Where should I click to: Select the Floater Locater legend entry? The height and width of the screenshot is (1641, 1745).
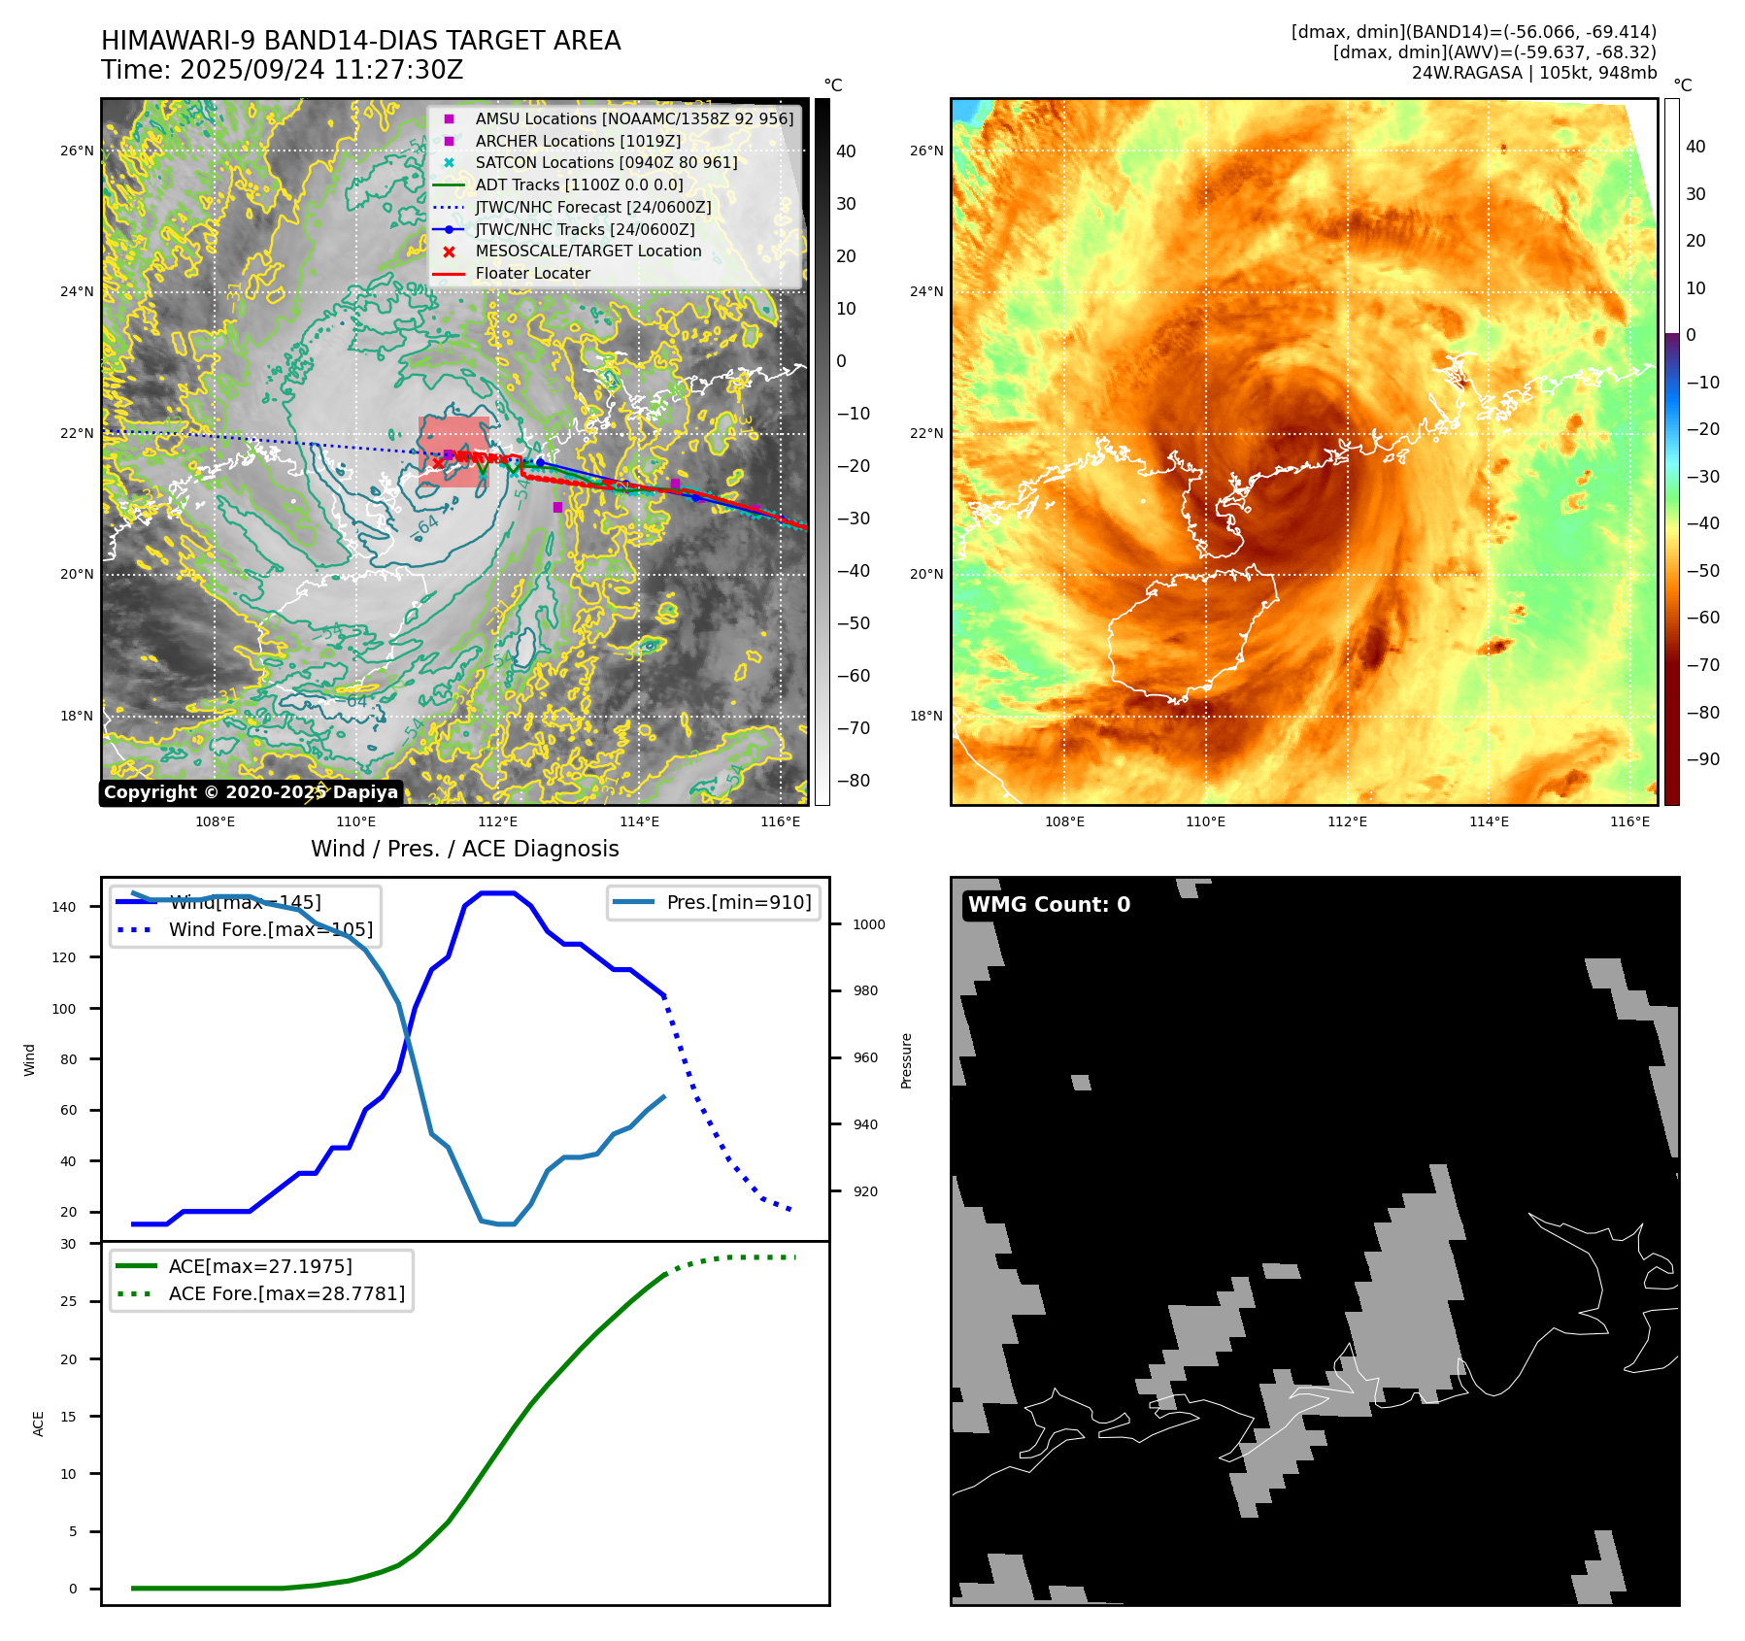(532, 274)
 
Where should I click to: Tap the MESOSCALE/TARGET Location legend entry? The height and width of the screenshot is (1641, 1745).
(587, 251)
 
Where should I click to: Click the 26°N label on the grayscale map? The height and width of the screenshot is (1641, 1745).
(78, 151)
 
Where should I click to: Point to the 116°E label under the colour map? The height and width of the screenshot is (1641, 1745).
(1629, 821)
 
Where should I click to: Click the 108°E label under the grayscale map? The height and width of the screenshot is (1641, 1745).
(215, 821)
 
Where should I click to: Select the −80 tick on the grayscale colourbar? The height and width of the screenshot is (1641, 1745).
(854, 781)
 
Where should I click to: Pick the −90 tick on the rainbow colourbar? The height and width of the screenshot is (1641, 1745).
(1702, 759)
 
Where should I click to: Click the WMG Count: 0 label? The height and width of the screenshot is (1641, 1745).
(1049, 905)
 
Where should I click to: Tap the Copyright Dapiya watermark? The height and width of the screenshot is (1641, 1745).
(251, 792)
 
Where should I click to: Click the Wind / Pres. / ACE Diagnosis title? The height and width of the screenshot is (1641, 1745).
(464, 849)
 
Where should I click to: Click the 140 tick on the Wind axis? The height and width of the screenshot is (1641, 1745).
(64, 907)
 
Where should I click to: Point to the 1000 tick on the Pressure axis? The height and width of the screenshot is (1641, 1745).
(868, 924)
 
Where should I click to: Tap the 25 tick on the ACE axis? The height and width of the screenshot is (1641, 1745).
(68, 1301)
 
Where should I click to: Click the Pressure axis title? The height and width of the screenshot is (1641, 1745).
(906, 1060)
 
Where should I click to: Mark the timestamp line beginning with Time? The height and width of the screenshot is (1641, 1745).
(283, 71)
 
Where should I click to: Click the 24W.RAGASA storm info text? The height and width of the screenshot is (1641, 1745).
(1533, 73)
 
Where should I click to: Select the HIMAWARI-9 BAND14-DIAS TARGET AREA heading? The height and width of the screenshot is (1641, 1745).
(360, 41)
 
